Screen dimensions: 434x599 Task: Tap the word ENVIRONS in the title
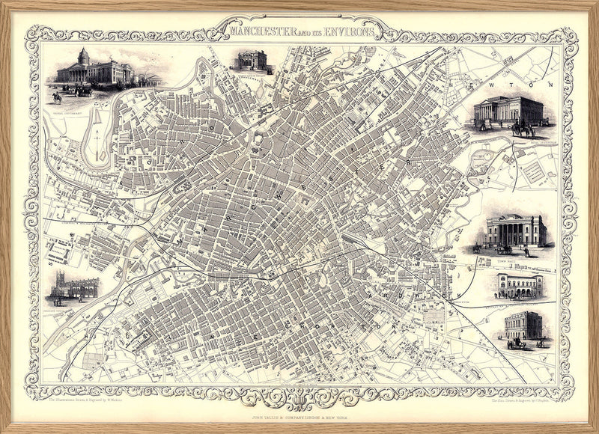coord(348,32)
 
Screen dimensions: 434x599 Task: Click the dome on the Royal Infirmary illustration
coord(83,56)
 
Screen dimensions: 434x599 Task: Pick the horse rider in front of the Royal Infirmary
coord(57,96)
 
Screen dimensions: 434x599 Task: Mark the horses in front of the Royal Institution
coord(522,130)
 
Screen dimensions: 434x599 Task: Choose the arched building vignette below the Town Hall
coord(518,284)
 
